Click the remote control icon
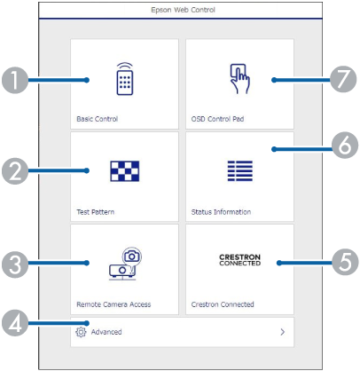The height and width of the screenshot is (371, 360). coord(125,79)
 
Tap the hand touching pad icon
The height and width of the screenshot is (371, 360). coord(239,79)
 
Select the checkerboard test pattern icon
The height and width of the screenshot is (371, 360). coord(125,171)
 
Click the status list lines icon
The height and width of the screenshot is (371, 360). coord(240,171)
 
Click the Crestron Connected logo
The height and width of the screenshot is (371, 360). coord(240,260)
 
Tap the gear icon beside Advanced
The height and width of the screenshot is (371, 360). coord(81,332)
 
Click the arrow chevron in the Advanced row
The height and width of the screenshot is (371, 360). coord(283,332)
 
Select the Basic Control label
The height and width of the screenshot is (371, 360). coord(98,119)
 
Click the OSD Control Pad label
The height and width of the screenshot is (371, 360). coord(217,119)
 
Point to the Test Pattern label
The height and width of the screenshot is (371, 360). coord(96,212)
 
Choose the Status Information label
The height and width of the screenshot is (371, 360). coord(221,212)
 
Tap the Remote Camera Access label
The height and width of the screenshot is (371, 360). coord(113,304)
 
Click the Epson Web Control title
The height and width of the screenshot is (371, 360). coord(183,10)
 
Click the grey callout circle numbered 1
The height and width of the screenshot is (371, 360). coord(15,80)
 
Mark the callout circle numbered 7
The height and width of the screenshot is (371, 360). coord(343,79)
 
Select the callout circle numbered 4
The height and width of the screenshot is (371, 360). coord(15,323)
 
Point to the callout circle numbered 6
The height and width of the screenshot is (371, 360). coord(345,146)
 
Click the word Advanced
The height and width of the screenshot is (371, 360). coord(106,332)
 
